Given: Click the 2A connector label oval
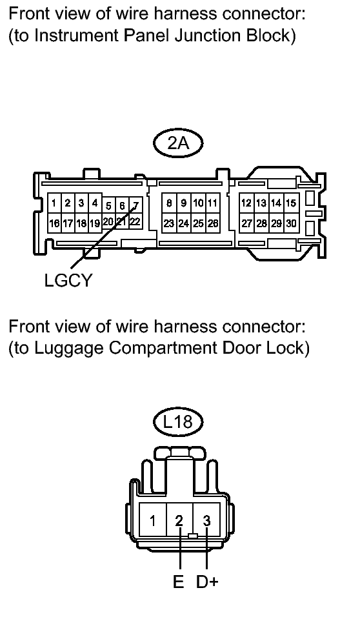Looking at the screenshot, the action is click(178, 143).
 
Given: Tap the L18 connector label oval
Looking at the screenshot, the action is click(178, 421).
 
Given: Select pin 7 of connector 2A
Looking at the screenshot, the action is click(135, 206).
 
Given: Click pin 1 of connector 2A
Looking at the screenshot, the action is click(54, 203).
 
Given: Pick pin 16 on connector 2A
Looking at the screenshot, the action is click(54, 223).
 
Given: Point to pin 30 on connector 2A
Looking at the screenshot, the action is click(292, 223).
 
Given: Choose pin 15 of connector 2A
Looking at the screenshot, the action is click(292, 203).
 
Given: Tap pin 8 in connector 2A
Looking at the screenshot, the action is click(169, 203).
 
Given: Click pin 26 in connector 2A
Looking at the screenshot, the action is click(213, 223).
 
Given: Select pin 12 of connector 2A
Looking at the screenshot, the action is click(246, 203).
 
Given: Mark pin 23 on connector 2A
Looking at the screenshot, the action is click(169, 223).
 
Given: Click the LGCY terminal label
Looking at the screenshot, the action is click(68, 280).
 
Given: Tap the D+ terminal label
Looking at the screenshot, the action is click(207, 582).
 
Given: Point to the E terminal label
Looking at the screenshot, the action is click(179, 582).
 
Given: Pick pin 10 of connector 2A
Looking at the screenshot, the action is click(199, 203).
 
